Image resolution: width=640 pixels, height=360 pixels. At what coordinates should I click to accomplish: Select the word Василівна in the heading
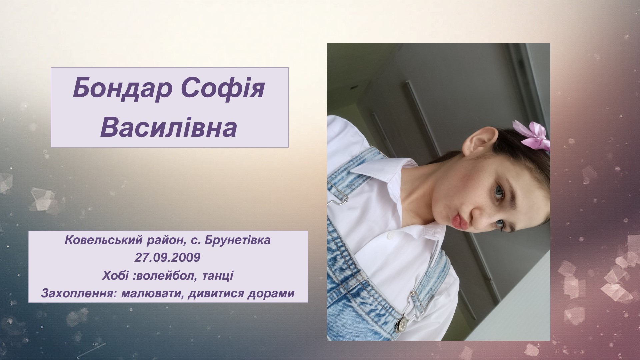pyautogui.click(x=169, y=128)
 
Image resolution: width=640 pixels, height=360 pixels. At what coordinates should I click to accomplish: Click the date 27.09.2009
pyautogui.click(x=167, y=258)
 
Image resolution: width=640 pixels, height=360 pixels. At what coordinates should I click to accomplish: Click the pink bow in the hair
pyautogui.click(x=532, y=136)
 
